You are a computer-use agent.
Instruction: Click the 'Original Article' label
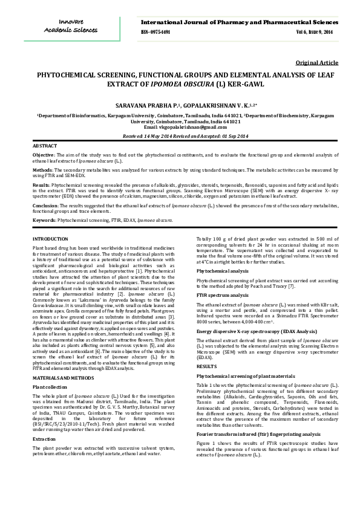[316, 63]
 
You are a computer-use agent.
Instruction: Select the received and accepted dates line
[179, 137]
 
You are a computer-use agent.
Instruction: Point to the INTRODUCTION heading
[50, 240]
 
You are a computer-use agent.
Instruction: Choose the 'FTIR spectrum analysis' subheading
[223, 295]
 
